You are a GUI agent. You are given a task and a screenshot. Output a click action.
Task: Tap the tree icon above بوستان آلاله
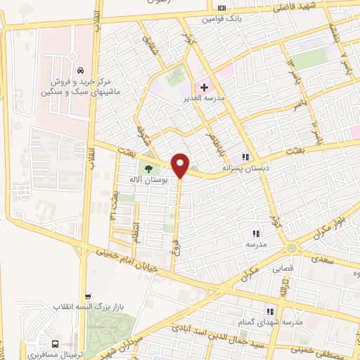(148, 167)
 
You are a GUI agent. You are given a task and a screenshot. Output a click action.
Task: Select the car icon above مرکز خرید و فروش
(82, 70)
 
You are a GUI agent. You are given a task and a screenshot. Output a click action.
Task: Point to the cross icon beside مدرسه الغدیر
(204, 87)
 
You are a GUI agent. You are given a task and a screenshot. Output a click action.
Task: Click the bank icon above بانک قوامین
(222, 8)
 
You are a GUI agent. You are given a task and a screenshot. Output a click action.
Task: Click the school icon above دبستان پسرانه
(245, 157)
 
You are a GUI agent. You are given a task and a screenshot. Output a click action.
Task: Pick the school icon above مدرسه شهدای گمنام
(269, 311)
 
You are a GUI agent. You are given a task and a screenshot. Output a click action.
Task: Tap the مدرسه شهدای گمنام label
(274, 321)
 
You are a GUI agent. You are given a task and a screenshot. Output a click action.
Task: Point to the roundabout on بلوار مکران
(290, 248)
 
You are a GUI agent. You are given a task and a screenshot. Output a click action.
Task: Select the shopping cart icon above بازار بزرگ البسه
(86, 296)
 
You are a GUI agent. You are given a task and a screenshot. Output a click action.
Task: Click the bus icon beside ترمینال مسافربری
(55, 344)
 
